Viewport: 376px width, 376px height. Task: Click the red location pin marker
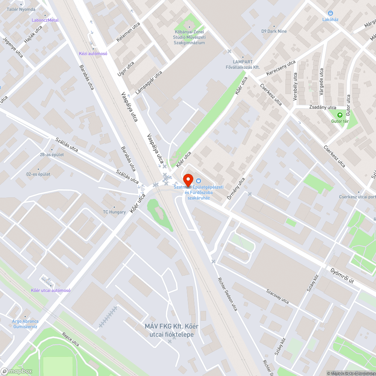(x=188, y=179)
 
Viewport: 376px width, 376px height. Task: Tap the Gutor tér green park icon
(x=340, y=115)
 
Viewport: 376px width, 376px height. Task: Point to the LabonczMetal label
(x=45, y=20)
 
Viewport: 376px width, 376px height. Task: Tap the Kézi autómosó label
(x=93, y=53)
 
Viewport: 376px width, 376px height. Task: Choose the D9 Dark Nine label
(x=274, y=31)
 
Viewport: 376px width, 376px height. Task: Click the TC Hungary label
(x=114, y=212)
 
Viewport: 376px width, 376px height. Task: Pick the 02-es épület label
(x=38, y=174)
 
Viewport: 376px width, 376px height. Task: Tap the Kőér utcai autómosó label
(x=51, y=290)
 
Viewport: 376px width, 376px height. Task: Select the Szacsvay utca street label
(x=277, y=296)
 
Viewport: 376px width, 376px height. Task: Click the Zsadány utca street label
(x=323, y=108)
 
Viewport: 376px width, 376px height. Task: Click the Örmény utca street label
(x=235, y=188)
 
